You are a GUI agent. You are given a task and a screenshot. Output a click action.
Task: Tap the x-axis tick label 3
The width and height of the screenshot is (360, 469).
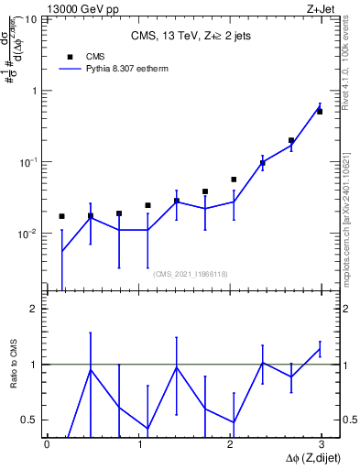pyautogui.click(x=321, y=445)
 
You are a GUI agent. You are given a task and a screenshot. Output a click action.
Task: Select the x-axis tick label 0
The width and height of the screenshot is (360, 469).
pyautogui.click(x=47, y=445)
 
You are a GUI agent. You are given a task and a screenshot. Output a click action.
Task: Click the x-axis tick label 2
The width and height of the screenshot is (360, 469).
pyautogui.click(x=230, y=445)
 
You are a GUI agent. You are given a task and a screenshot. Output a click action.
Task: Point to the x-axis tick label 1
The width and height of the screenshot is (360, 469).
pyautogui.click(x=138, y=445)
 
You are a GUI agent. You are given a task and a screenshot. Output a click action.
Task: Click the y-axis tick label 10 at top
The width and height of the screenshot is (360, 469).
pyautogui.click(x=29, y=19)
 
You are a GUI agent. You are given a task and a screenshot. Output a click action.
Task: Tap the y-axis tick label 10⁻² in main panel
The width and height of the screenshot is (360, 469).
pyautogui.click(x=27, y=234)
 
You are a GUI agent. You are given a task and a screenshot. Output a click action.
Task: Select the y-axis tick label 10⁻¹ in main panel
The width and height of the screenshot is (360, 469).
pyautogui.click(x=27, y=162)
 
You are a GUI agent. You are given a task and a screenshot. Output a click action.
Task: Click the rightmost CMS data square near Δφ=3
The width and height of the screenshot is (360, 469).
pyautogui.click(x=320, y=112)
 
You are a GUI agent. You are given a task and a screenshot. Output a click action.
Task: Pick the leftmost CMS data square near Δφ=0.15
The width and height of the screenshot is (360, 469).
pyautogui.click(x=61, y=216)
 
